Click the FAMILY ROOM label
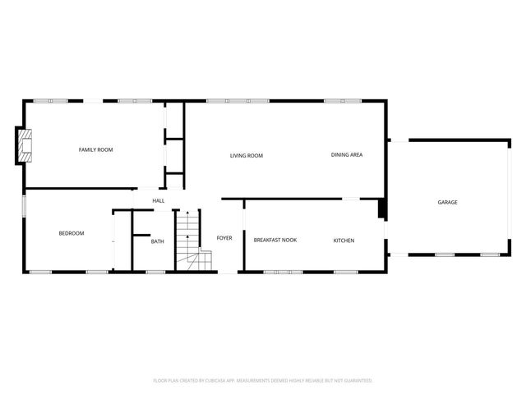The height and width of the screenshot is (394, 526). click(95, 149)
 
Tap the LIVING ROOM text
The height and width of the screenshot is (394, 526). click(246, 155)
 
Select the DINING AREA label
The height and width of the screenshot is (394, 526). click(347, 154)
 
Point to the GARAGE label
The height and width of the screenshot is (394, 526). click(447, 202)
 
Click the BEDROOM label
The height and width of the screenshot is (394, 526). click(72, 233)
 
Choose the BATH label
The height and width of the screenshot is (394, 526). click(157, 241)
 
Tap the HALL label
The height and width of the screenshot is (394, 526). click(159, 200)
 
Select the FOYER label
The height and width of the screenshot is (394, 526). click(224, 238)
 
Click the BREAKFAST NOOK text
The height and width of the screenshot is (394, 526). click(275, 240)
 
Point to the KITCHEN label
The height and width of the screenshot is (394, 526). click(344, 240)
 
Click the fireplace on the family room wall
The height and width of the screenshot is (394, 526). click(25, 144)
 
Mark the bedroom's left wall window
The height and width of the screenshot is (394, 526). click(24, 206)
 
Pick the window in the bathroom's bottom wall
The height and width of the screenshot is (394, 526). click(155, 271)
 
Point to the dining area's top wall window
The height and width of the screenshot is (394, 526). click(343, 101)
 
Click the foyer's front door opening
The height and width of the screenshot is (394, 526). click(228, 272)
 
